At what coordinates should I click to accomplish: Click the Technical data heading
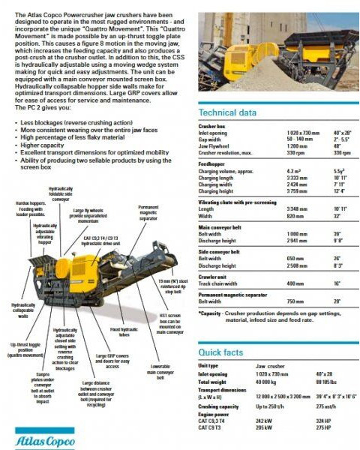click(x=226, y=113)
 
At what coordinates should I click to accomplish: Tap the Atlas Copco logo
click(x=40, y=436)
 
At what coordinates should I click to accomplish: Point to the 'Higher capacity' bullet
click(x=48, y=145)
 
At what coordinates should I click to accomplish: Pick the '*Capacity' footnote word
click(x=211, y=313)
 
